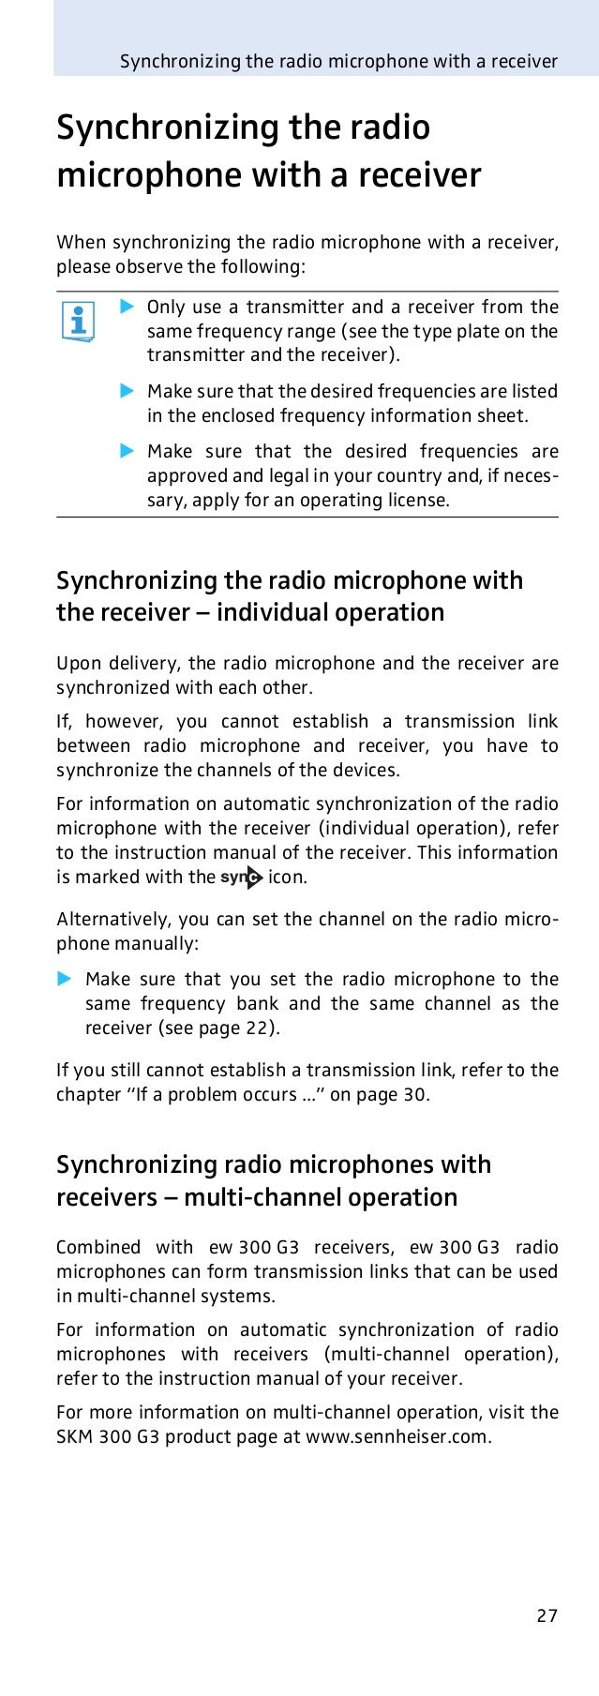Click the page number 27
(547, 1615)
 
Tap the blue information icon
(77, 323)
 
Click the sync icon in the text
(242, 878)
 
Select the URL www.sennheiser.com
(397, 1436)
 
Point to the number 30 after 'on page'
(414, 1094)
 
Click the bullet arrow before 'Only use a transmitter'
(127, 307)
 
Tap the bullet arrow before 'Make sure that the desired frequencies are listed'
(127, 390)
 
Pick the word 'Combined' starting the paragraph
(97, 1247)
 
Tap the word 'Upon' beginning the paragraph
(78, 664)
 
